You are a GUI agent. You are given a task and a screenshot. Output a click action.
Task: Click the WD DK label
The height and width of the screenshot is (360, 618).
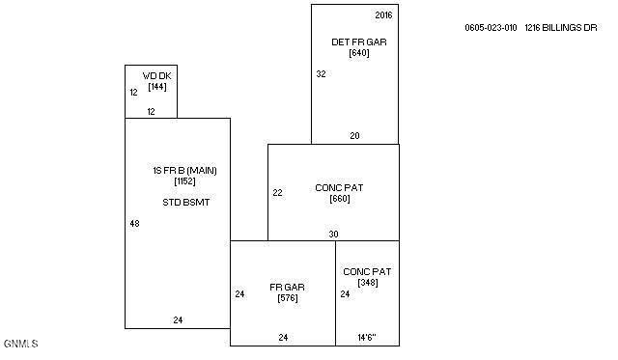pos(156,75)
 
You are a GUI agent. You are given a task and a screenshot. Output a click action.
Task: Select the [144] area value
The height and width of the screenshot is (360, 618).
pos(157,87)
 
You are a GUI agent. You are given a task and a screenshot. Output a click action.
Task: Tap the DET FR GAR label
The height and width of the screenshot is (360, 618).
pos(351,42)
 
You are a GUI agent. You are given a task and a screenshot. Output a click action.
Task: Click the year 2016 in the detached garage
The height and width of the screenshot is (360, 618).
pos(383,15)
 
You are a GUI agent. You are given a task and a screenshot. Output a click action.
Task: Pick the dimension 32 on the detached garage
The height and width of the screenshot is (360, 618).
pos(322,73)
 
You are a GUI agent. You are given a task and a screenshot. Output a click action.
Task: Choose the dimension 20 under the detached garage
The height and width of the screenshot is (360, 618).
pos(354,136)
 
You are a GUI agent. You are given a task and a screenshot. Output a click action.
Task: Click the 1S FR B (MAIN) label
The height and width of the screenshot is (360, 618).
pos(184,170)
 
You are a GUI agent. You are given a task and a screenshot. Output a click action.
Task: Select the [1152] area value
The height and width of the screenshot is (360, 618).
pos(185,181)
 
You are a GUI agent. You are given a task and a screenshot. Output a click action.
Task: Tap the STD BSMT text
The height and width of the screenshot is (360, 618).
pos(186,203)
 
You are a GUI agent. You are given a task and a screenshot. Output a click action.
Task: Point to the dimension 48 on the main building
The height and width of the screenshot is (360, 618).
pos(134,223)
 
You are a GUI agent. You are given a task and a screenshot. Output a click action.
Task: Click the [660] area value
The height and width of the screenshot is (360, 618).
pos(339,199)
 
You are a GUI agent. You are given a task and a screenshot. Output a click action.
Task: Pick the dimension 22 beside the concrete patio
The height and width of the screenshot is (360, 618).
pos(278,193)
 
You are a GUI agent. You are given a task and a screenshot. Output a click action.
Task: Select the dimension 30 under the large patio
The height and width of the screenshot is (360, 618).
pos(333,234)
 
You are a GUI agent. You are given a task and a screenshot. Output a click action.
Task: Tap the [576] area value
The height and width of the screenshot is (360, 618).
pos(287,298)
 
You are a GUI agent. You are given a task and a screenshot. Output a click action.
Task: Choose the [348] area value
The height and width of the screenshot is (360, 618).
pos(367,283)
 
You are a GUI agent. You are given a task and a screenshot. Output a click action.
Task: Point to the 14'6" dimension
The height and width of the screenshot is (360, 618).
pos(366,338)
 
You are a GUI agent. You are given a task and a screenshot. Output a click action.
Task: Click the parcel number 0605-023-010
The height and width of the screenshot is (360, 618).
pos(492,28)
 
